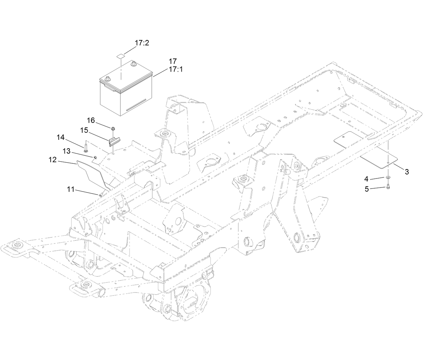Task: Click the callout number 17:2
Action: coord(142,43)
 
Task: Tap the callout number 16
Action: coord(91,120)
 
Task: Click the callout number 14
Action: coord(60,137)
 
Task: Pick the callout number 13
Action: coord(67,151)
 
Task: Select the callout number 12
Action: coord(53,160)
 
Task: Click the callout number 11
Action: coord(71,190)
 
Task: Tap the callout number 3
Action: coord(407,172)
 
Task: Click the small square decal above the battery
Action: coord(120,55)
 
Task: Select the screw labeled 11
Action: coord(100,194)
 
